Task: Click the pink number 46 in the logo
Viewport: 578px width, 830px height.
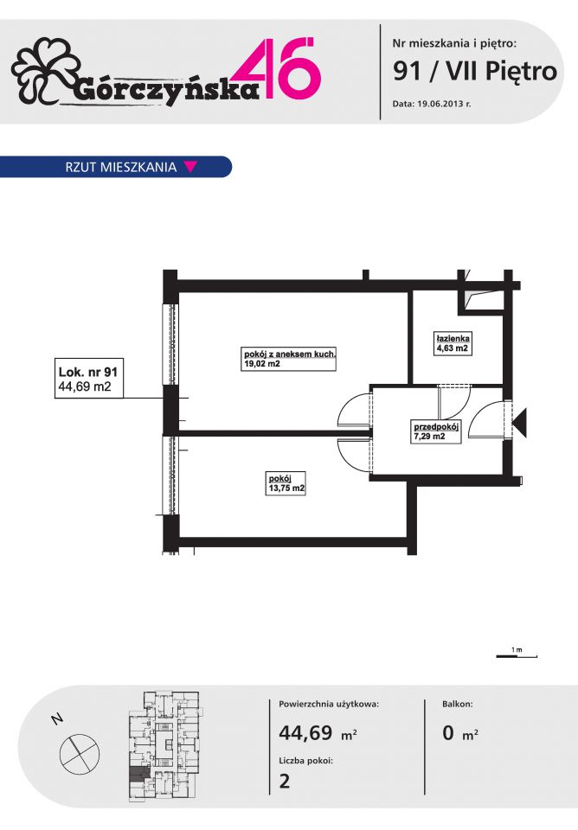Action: (x=284, y=67)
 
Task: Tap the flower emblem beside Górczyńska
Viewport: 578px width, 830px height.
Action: (x=45, y=70)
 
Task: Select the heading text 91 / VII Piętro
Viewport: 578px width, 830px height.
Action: (x=475, y=71)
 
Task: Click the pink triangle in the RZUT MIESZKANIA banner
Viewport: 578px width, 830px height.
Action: (x=190, y=167)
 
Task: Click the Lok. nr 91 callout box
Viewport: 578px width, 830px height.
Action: (x=89, y=379)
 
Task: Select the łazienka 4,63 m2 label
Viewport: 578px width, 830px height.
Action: (x=453, y=343)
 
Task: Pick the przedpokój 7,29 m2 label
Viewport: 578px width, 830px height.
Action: (x=436, y=431)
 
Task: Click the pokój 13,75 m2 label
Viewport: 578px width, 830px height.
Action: (x=286, y=483)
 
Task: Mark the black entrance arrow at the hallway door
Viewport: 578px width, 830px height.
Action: (x=520, y=423)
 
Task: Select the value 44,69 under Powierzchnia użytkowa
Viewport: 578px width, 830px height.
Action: (x=305, y=732)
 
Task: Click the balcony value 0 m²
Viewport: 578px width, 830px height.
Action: (x=460, y=733)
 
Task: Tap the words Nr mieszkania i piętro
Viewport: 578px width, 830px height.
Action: (x=454, y=43)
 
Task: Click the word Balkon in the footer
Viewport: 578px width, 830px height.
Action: (x=458, y=704)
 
